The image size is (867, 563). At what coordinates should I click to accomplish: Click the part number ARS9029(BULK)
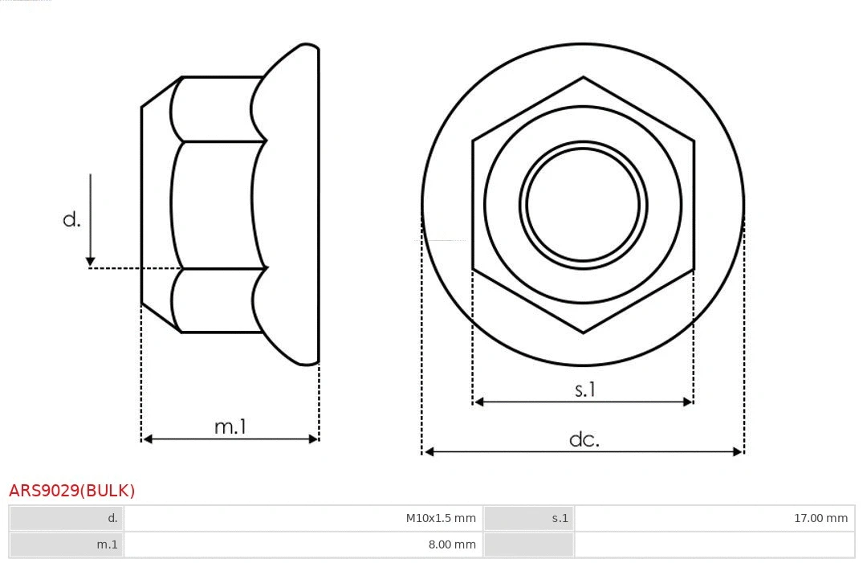point(72,491)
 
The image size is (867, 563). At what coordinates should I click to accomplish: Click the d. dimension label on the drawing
point(71,219)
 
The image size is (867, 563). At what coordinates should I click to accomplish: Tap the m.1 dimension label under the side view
point(230,426)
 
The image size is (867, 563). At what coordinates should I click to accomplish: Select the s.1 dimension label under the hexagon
point(584,390)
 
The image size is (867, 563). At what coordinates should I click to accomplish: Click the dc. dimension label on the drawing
point(584,439)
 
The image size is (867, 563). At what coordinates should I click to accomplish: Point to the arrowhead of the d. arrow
point(91,261)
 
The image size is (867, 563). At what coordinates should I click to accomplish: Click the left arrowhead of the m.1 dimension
point(146,439)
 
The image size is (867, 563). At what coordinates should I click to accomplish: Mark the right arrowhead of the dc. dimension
point(739,452)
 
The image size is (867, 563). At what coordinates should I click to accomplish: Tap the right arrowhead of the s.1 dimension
point(688,402)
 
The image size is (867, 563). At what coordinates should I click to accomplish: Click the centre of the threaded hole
point(583,204)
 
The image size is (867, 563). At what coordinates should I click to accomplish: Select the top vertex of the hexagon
point(583,77)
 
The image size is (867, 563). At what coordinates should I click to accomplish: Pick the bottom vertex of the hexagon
point(583,332)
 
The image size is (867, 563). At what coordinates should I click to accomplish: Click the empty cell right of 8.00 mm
point(714,545)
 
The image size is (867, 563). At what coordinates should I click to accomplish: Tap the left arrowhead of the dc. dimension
point(428,452)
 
